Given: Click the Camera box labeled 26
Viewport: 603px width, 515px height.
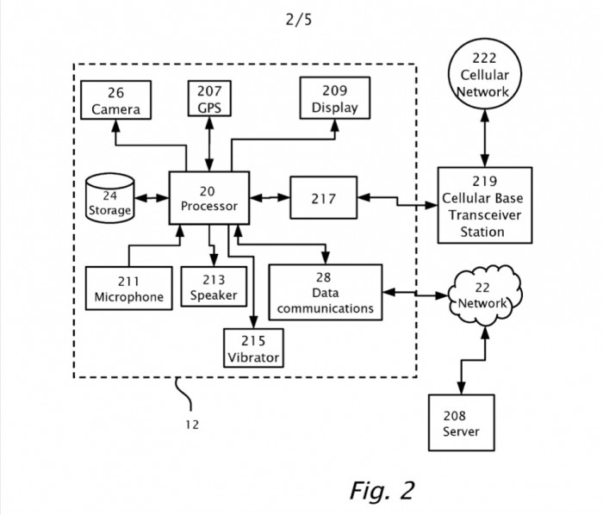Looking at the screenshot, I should tap(116, 99).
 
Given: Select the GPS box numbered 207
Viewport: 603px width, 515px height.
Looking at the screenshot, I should tap(210, 99).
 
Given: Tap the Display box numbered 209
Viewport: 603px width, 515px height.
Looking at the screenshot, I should tap(334, 97).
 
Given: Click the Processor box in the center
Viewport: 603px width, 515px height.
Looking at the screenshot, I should tap(208, 198).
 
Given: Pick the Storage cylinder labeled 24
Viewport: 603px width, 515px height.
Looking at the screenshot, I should tap(109, 198).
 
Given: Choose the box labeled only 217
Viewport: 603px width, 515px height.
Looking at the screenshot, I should tap(324, 198).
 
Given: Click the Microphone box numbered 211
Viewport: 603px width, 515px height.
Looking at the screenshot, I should tap(128, 288).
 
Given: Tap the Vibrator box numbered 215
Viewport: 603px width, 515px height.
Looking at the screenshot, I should tap(254, 347).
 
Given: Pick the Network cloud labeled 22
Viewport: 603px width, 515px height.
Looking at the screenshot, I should tap(483, 297).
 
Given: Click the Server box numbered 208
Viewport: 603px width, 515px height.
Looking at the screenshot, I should tap(461, 422).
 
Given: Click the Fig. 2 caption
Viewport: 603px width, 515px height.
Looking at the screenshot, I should tap(382, 491).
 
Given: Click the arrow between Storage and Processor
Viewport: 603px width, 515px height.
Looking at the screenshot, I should tap(150, 199).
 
